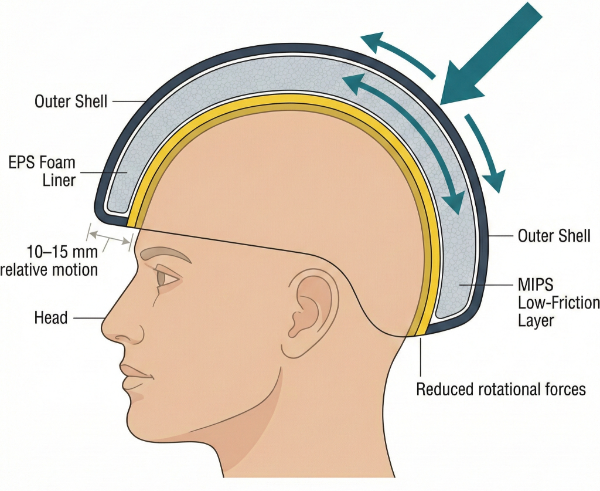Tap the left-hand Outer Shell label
pyautogui.click(x=71, y=101)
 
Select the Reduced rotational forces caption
pyautogui.click(x=501, y=389)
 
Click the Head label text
pyautogui.click(x=51, y=318)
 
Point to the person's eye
pyautogui.click(x=169, y=278)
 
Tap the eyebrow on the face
pyautogui.click(x=167, y=254)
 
